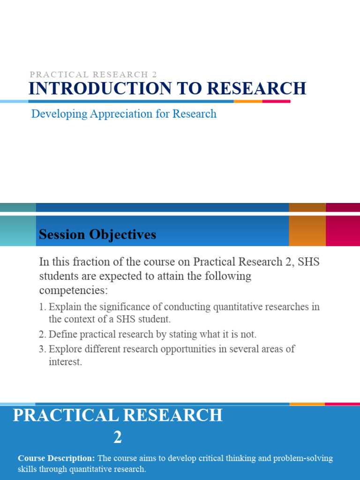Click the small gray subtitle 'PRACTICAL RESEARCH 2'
pos(93,75)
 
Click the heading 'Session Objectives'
pos(97,235)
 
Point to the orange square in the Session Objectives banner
pos(307,231)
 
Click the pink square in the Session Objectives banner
pos(343,231)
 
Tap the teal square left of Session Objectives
pos(18,231)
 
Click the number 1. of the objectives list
pos(42,307)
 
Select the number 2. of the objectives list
pos(42,335)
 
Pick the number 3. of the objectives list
pos(42,349)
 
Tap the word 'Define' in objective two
pos(63,335)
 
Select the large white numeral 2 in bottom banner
pos(118,438)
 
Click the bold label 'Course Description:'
pos(56,458)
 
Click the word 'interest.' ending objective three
pos(65,362)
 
